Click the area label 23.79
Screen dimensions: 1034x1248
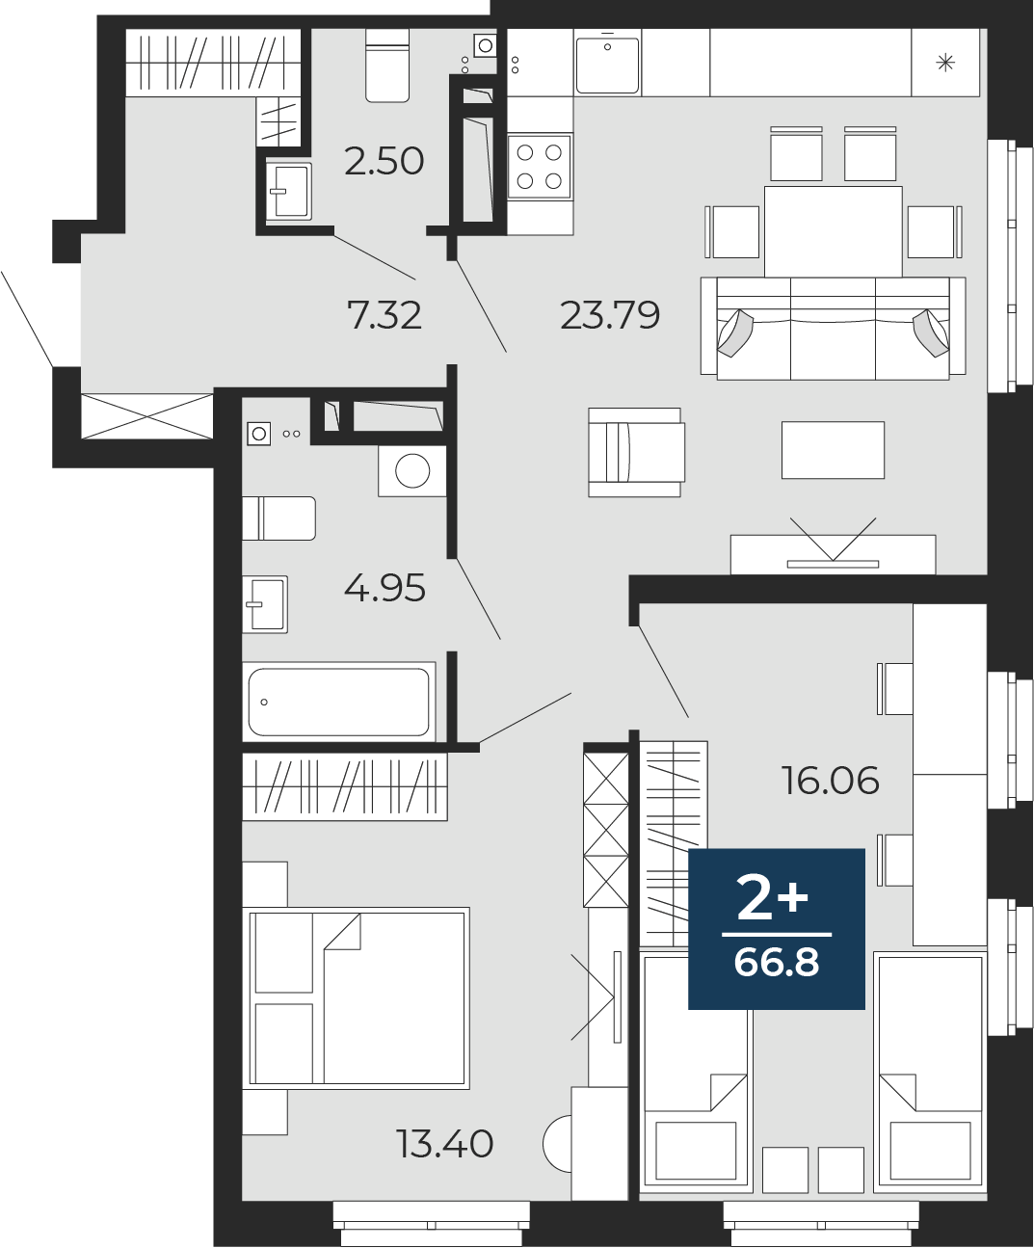point(610,315)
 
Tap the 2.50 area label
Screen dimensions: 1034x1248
point(384,161)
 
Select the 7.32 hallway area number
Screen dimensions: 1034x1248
point(384,315)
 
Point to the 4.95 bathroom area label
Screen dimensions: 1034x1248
point(384,588)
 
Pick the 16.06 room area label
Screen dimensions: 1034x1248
point(831,780)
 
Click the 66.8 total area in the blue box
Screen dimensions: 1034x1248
point(777,962)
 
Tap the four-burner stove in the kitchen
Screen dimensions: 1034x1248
point(539,167)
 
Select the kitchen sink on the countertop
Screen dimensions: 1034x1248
point(607,65)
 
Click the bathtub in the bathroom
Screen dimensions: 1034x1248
point(339,702)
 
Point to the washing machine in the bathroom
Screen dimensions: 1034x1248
point(412,471)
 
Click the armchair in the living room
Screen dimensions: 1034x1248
point(636,452)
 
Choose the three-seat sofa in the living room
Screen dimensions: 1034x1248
point(834,328)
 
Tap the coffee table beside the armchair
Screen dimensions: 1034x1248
point(834,450)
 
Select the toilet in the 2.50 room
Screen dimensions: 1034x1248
point(387,65)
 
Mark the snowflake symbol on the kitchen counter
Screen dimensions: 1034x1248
point(945,63)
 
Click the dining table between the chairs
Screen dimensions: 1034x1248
point(834,231)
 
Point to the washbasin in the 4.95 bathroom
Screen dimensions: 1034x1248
point(265,604)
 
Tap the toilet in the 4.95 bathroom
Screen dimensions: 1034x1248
point(279,518)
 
